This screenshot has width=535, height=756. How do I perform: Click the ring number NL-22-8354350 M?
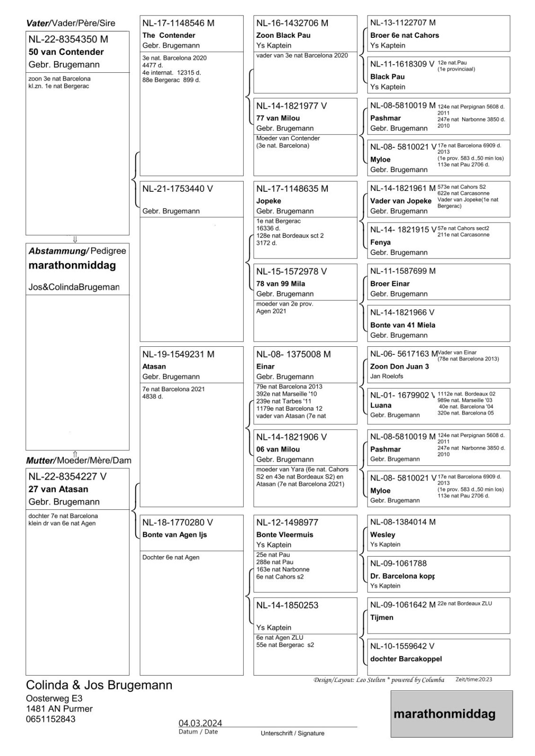[x=68, y=40]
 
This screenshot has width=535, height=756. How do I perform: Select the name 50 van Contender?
[x=66, y=52]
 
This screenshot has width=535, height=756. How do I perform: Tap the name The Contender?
[x=168, y=35]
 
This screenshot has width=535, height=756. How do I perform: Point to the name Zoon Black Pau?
[x=283, y=35]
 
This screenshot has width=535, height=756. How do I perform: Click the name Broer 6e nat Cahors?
[x=404, y=35]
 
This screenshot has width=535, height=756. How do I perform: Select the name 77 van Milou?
[x=278, y=118]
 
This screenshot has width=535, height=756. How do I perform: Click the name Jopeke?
[x=269, y=201]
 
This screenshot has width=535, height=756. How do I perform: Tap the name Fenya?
[x=380, y=242]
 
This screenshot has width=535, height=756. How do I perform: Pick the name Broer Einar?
[x=390, y=283]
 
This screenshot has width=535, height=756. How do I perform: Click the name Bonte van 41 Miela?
[x=403, y=325]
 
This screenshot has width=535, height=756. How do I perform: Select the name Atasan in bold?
[x=154, y=366]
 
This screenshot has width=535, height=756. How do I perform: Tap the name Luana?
[x=381, y=405]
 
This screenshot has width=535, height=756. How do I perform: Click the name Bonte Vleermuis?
[x=285, y=534]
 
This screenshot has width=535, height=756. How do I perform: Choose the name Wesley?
[x=383, y=534]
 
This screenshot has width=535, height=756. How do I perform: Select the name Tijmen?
[x=382, y=618]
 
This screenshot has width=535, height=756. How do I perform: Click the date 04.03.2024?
[x=200, y=723]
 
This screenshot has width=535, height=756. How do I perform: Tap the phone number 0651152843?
[x=51, y=719]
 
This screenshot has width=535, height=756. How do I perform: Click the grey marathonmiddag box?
[x=451, y=713]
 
